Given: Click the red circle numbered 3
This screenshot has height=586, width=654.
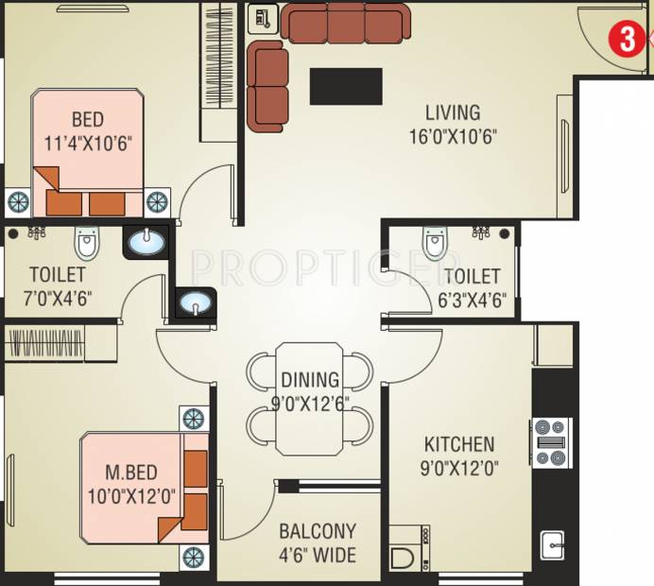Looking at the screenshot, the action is coord(628,40).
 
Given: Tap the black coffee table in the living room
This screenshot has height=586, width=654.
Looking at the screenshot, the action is coord(346,86).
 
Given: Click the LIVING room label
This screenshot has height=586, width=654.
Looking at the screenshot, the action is coord(453,112).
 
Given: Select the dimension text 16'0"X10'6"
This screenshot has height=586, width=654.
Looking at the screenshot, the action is coord(453,136).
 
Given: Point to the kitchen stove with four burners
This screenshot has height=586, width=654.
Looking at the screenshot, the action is coord(551,442).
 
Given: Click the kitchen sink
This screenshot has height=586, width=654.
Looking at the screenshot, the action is coord(552,545).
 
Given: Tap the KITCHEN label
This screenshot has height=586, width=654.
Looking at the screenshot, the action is coord(459,444).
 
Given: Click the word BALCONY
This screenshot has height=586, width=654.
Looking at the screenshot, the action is coord(318,531).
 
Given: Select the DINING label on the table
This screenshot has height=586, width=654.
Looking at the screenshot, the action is coord(310,380).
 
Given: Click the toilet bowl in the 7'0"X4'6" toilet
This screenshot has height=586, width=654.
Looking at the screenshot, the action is coord(87,243).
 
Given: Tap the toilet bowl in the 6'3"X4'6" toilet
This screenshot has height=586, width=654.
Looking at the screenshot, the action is coord(435,244).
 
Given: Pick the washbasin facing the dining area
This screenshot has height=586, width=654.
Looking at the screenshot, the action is coord(196,302).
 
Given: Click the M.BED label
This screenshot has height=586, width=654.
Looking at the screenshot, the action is coord(131,473).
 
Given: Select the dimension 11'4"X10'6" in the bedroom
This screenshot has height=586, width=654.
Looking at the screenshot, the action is coord(88,144).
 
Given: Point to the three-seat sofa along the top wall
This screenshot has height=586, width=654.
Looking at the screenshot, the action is coord(345,24).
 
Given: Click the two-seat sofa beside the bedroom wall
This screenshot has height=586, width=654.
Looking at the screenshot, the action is coord(267,87).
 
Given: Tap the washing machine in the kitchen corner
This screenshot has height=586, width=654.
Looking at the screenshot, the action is coord(408,548).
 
